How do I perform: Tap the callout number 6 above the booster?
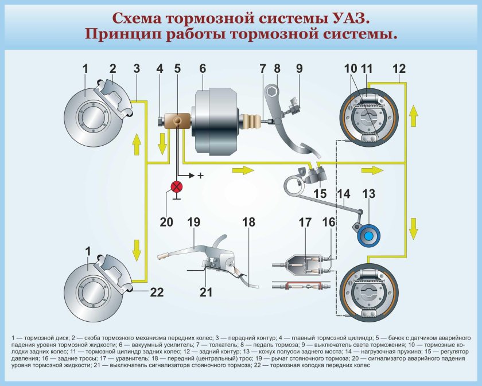(202, 68)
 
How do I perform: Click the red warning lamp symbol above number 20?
(177, 186)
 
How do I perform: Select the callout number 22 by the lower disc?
(157, 292)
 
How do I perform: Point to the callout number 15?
(320, 193)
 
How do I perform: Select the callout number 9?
(299, 68)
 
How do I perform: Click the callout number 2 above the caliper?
(113, 68)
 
